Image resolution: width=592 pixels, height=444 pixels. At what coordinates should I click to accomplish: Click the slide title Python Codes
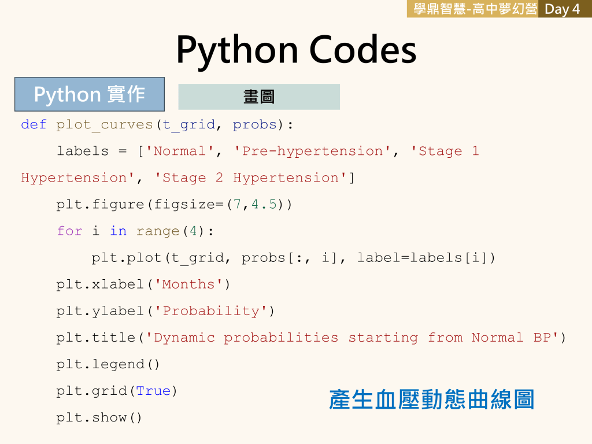(296, 49)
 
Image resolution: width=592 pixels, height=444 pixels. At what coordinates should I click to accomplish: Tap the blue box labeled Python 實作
(90, 94)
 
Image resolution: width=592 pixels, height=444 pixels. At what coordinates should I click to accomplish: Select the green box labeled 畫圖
(259, 97)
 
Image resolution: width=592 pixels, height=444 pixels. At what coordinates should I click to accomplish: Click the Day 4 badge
(563, 9)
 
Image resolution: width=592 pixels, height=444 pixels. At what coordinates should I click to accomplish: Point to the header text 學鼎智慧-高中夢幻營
(472, 9)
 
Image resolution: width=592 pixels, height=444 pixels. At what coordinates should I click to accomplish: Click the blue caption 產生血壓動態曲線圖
(431, 399)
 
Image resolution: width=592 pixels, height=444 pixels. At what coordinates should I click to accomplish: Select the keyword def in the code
(34, 124)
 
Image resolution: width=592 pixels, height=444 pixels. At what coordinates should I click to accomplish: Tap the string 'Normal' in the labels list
(180, 151)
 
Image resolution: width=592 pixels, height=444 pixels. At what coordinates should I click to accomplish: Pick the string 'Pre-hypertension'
(312, 151)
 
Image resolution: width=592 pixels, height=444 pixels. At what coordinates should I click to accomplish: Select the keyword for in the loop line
(69, 231)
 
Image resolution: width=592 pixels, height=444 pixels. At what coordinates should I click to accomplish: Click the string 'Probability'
(210, 310)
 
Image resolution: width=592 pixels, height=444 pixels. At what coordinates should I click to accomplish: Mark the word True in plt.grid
(153, 390)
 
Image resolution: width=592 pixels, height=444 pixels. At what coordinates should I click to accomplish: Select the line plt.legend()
(108, 364)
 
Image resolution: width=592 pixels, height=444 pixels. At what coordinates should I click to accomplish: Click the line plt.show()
(99, 417)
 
